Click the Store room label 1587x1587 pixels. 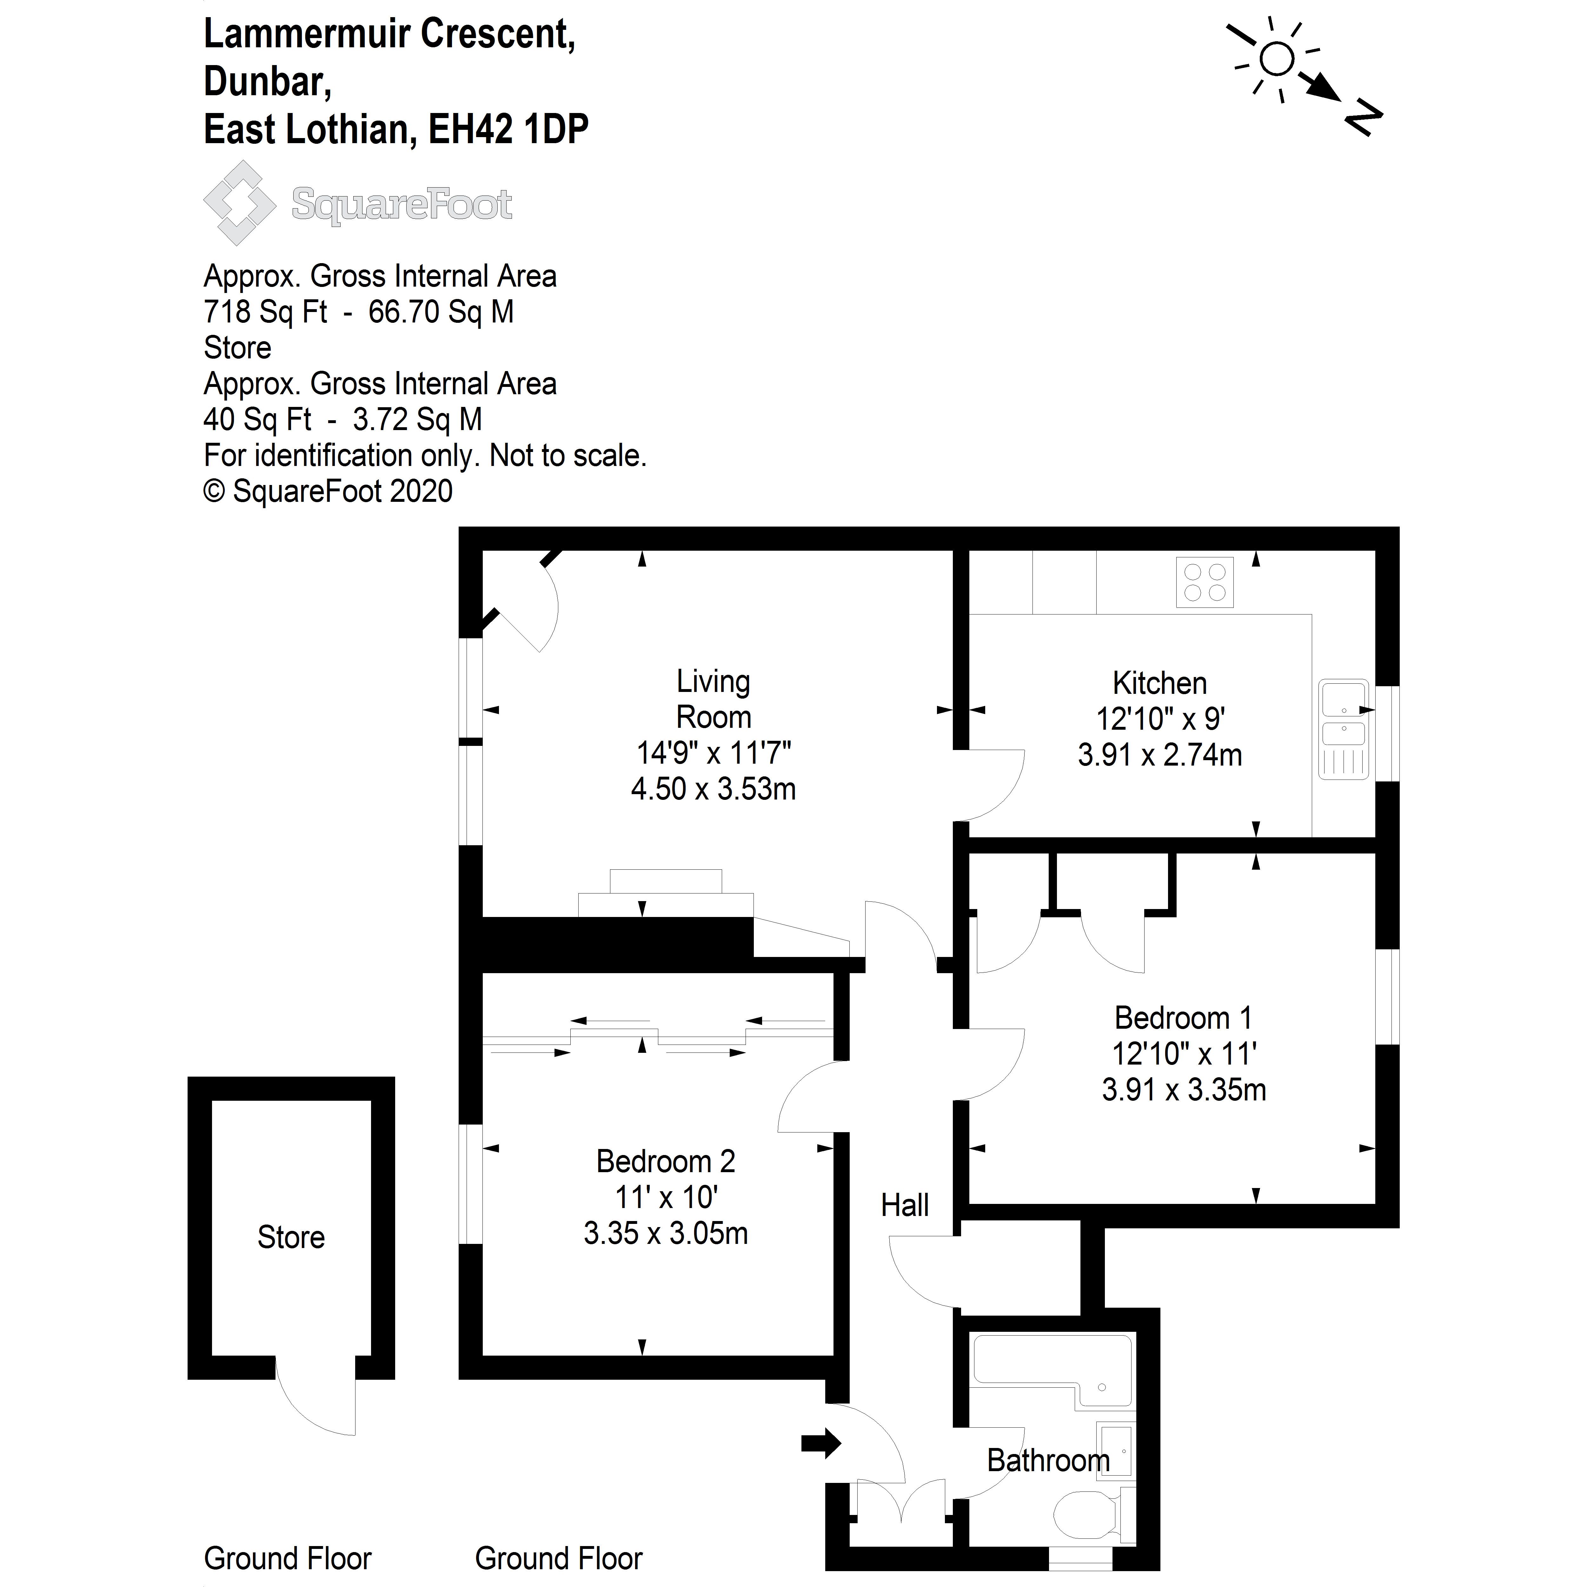(291, 1237)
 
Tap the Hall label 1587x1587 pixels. (904, 1205)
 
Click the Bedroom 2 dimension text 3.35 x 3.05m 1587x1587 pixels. (665, 1233)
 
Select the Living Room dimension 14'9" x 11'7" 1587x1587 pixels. (713, 753)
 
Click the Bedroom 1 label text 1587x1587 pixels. (1183, 1018)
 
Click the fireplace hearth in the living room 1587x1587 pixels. (665, 904)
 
